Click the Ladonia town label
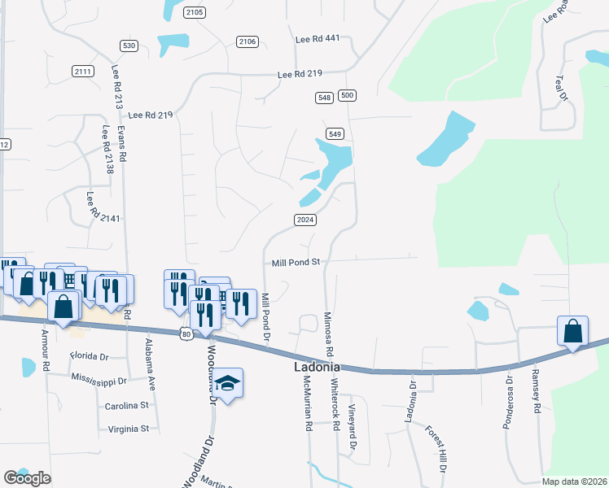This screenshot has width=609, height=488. click(317, 368)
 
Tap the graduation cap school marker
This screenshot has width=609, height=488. click(229, 383)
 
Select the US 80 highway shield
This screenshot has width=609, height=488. click(186, 333)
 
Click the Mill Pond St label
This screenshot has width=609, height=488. click(296, 263)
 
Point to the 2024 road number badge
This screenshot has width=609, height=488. click(304, 220)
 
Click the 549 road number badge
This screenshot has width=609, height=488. click(335, 133)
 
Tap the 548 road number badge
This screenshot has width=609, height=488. click(324, 97)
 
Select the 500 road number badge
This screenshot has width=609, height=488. click(348, 96)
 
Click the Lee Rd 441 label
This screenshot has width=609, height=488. click(317, 38)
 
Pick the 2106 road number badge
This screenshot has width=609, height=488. click(248, 41)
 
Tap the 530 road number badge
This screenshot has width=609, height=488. click(128, 46)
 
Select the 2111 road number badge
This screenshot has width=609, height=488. click(82, 71)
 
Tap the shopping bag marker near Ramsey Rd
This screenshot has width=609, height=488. click(572, 332)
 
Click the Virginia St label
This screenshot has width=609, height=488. click(123, 428)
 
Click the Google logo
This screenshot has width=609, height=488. click(27, 477)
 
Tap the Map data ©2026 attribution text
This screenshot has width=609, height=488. click(573, 481)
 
